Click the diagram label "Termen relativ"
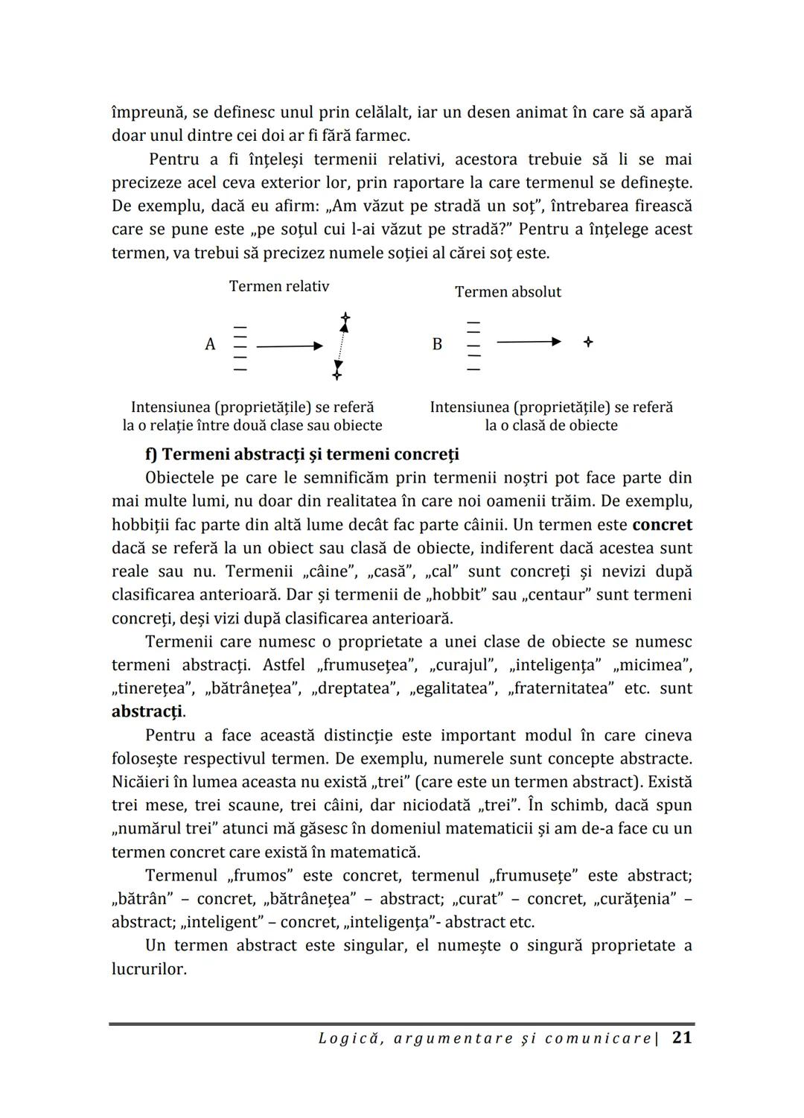pos(278,287)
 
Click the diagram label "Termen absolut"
pos(508,292)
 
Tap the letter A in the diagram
pos(210,344)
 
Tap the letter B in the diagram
pos(437,344)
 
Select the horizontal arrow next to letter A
pos(290,346)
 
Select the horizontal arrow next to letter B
pos(529,342)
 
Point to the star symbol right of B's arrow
pos(588,342)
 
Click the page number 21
pos(682,1038)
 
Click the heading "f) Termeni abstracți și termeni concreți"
pos(302,454)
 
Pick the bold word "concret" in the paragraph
pos(662,524)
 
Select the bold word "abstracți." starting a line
pos(148,711)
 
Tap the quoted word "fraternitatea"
pos(561,688)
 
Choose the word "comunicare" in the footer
pos(598,1038)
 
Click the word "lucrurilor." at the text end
pos(149,969)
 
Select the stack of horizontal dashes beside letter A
pos(240,348)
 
